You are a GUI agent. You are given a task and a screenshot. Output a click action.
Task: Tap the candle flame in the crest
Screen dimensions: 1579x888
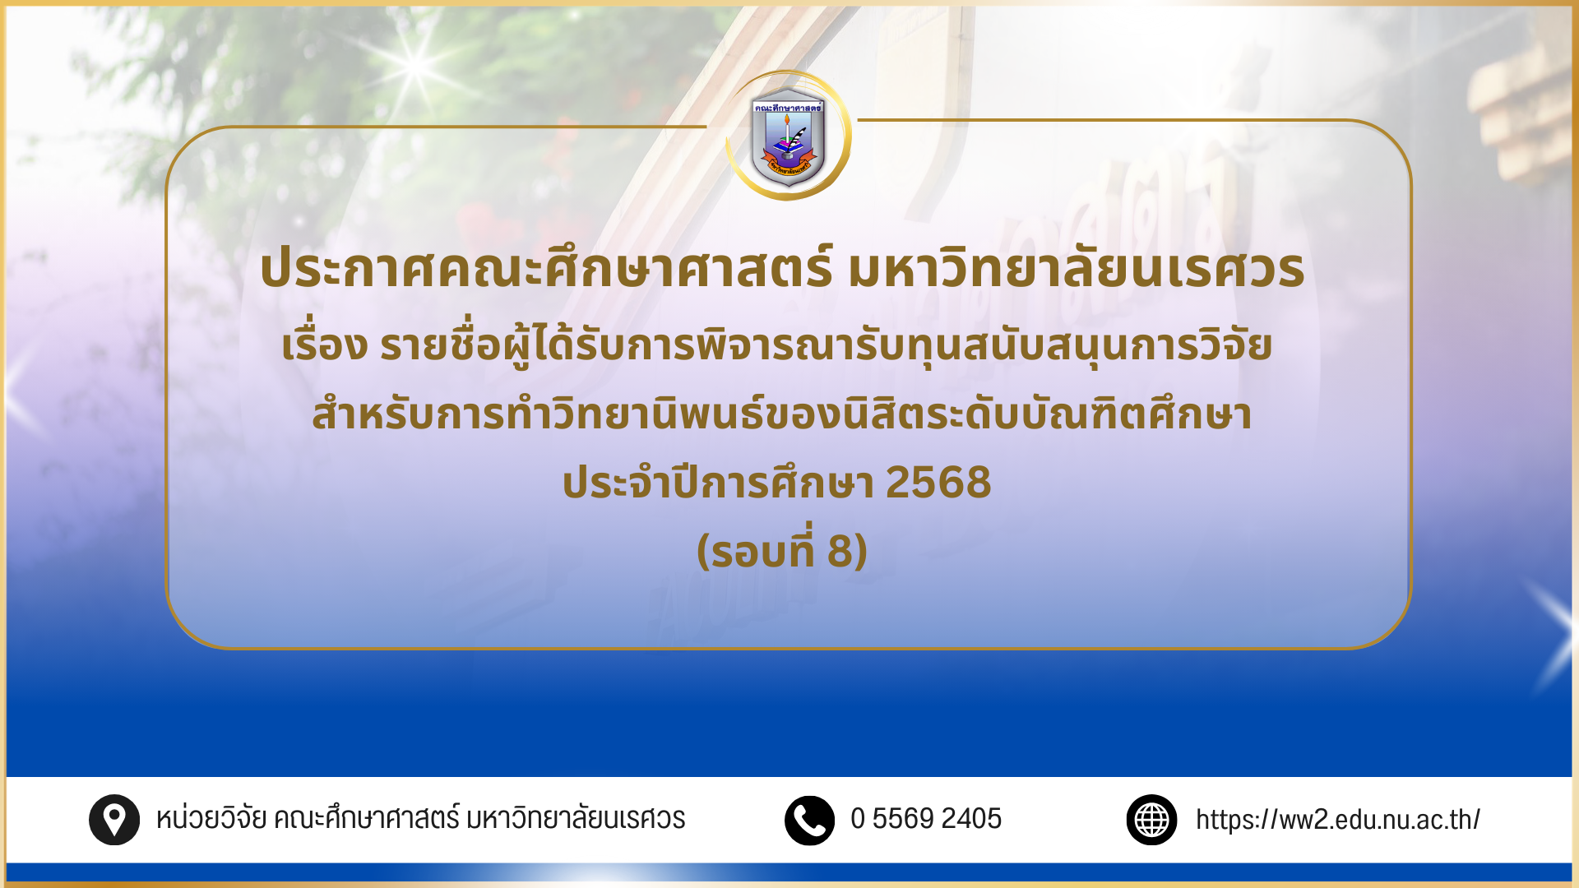pos(787,120)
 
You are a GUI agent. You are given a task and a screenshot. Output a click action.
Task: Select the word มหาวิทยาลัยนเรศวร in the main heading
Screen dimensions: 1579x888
pos(1076,267)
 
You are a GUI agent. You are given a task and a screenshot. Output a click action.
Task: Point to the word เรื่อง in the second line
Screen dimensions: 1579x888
pos(324,345)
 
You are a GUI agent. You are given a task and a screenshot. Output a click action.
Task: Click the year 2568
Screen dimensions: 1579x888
pos(938,482)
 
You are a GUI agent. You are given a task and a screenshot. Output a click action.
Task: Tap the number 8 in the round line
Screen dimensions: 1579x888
pos(840,551)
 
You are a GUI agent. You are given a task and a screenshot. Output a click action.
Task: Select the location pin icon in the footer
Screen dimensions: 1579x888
pos(114,820)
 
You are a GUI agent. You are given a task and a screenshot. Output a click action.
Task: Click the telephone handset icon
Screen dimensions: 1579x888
pos(810,820)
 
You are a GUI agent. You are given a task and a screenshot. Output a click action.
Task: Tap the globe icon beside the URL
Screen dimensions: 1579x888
pos(1152,820)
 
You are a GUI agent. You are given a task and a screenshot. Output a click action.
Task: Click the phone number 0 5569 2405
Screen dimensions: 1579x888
pos(926,819)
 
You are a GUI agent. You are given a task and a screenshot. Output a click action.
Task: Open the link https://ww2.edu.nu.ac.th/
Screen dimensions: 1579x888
pos(1338,820)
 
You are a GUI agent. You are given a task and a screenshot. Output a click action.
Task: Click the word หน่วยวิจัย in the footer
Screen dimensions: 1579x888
pos(211,819)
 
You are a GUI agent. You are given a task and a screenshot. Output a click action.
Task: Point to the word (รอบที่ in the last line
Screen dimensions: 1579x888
pos(757,549)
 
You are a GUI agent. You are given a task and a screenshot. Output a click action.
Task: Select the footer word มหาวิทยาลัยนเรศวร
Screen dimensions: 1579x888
pos(576,819)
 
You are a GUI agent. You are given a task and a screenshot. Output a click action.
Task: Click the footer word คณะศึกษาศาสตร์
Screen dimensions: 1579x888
pos(366,819)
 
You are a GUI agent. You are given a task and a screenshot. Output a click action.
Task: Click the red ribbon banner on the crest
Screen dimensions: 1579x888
pos(788,163)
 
